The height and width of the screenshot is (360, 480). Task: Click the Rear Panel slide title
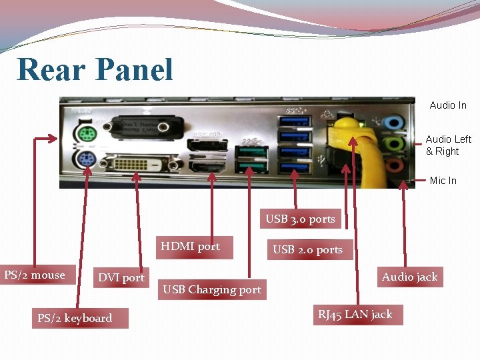coord(95,70)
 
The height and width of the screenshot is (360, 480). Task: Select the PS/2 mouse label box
coord(35,275)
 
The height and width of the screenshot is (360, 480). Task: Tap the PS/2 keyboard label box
coord(75,318)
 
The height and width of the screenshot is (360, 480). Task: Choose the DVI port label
coord(121,277)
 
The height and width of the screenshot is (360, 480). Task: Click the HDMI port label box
coord(191,247)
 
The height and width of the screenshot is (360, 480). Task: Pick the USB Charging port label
coord(212,289)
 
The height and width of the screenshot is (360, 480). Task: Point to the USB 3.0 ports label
coord(300,219)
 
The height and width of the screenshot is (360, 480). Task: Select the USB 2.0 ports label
coord(307,249)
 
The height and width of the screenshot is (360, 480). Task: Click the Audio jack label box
coord(409,277)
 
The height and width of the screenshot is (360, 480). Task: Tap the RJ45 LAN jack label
coord(355,314)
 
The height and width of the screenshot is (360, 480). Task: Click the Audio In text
coord(448,105)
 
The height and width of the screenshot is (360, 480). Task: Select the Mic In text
coord(443,181)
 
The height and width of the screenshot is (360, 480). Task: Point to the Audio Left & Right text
coord(448,145)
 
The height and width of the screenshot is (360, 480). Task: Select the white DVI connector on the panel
coord(135,164)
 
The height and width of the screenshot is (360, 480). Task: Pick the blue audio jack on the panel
coord(395,122)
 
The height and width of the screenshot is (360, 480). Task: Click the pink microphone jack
coord(395,164)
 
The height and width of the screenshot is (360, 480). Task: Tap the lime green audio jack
coord(395,143)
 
